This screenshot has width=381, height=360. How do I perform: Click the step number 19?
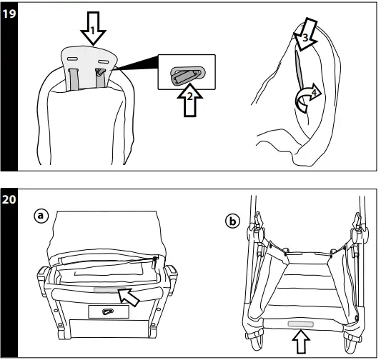point(9,14)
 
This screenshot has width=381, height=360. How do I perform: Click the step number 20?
point(9,199)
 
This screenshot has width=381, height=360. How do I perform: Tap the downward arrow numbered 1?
point(93,29)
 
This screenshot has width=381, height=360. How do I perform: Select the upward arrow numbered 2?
point(189,100)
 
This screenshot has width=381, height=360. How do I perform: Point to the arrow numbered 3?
point(305,34)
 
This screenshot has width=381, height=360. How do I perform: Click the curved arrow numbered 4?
point(307,96)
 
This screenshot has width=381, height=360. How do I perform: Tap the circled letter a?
point(41,216)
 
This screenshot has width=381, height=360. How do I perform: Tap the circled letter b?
point(232,221)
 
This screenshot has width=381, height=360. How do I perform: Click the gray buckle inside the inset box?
point(187,75)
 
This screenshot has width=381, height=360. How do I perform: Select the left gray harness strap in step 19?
point(74,79)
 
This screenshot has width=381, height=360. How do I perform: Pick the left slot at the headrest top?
point(72,59)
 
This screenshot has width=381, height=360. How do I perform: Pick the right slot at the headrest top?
point(103,61)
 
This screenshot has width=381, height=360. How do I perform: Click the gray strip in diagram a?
point(109,290)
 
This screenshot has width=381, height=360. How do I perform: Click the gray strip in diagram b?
point(300,324)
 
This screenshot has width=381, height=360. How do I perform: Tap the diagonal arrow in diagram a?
point(129,296)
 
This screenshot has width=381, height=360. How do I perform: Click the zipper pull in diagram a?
point(154,262)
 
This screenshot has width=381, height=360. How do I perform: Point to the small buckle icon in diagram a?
point(107,311)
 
